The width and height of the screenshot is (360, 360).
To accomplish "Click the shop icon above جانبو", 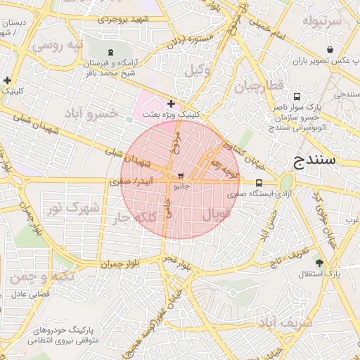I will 181,176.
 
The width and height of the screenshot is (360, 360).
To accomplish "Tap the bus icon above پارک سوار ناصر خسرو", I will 297,96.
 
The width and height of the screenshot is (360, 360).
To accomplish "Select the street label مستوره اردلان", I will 190,41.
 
